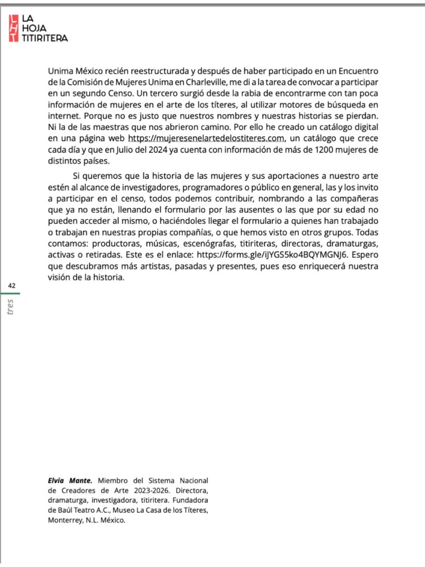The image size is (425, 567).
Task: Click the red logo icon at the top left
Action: (13, 28)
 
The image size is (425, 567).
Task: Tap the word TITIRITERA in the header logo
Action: (45, 38)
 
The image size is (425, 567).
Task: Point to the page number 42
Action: (12, 285)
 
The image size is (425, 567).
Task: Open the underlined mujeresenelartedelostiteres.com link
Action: (206, 138)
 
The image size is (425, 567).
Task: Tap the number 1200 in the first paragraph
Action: (322, 150)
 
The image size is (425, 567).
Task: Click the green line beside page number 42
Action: (11, 293)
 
